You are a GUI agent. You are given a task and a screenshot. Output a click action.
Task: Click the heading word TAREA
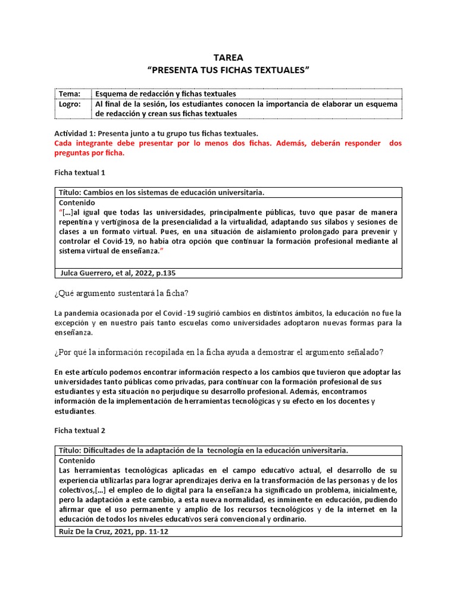tap(228, 58)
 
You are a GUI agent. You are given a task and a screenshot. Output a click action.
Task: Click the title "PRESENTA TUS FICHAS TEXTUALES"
tap(228, 70)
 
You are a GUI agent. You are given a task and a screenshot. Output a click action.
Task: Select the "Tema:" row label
tap(69, 94)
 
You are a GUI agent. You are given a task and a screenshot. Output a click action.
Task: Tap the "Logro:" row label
tap(70, 104)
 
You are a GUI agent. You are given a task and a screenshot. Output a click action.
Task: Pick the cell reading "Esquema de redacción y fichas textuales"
tap(166, 94)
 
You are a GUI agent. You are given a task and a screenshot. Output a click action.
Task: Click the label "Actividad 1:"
tap(76, 134)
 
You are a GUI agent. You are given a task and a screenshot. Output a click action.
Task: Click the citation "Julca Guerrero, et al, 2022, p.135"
tap(118, 273)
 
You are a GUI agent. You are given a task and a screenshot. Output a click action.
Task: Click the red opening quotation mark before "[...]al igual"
tap(60, 213)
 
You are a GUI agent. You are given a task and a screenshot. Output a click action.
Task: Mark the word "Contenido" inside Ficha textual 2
tap(76, 460)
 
